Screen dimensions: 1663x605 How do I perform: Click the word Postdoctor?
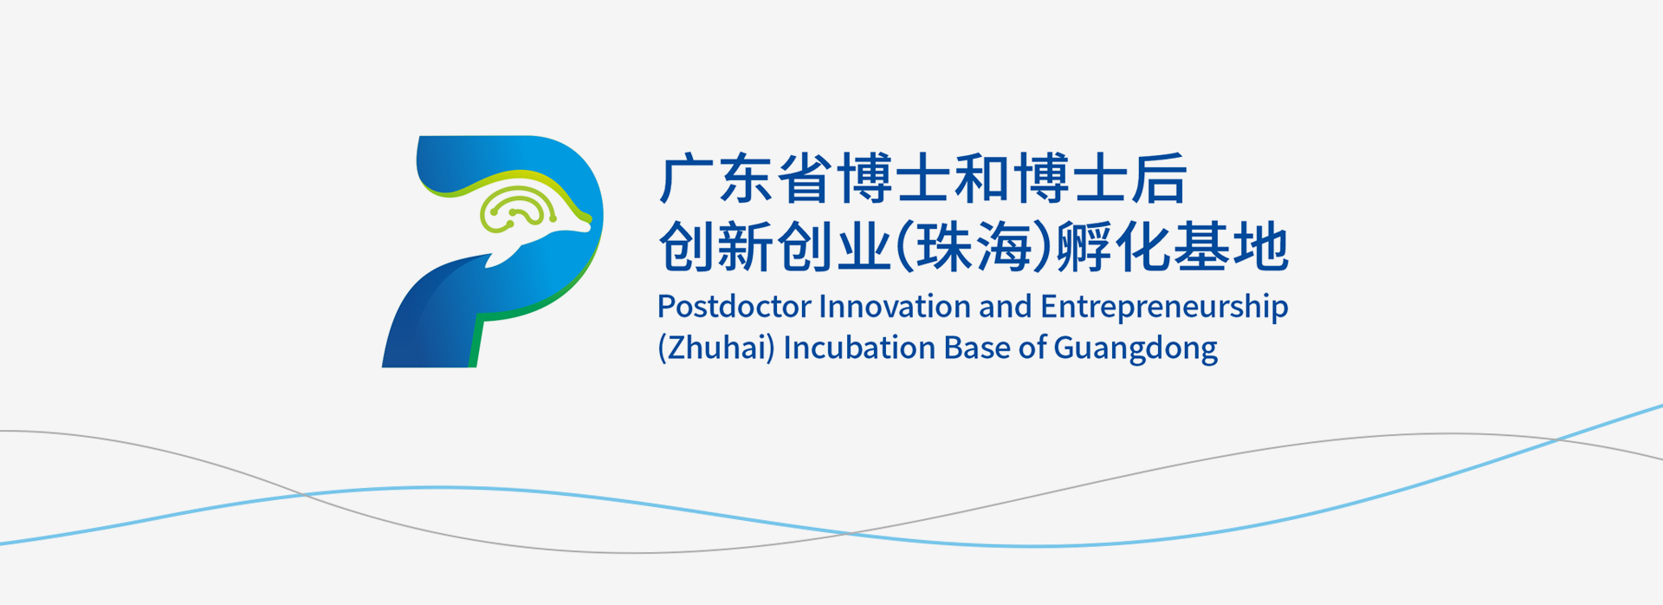734,307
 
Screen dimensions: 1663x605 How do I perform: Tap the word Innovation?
894,307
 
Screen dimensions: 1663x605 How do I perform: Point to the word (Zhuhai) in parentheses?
716,348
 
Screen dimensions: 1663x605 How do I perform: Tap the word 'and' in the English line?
1005,307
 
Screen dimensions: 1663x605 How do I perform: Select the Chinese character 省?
805,179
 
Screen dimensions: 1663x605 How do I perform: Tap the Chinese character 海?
1005,247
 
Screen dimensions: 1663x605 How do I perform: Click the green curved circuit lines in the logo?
519,208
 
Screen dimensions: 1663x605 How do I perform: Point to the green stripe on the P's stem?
476,343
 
